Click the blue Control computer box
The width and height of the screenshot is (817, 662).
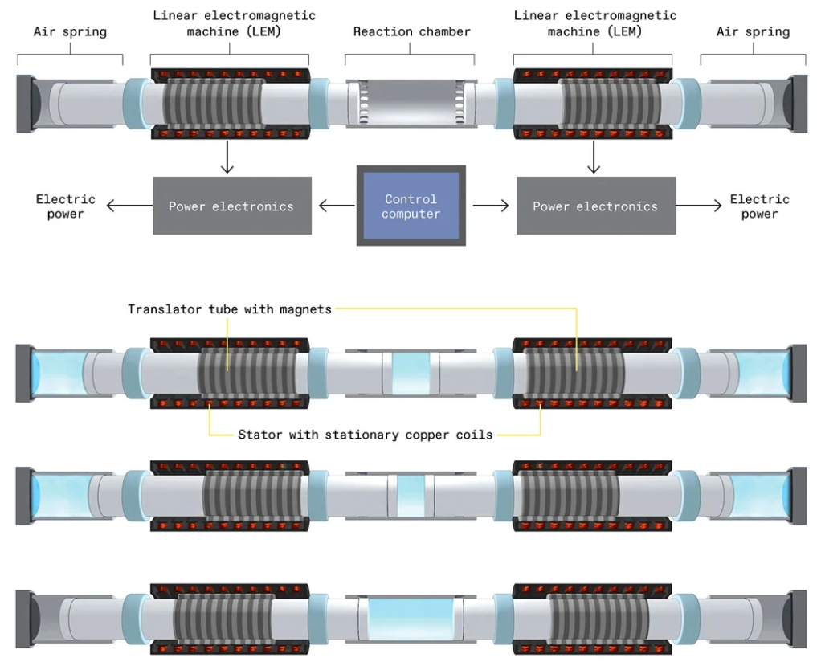[x=411, y=206]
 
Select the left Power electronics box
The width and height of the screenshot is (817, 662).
[x=231, y=206]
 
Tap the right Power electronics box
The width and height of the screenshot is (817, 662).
[x=595, y=206]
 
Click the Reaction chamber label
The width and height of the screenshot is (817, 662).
[x=411, y=32]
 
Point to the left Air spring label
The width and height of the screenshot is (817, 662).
[x=70, y=32]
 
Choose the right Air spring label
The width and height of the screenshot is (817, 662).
[x=753, y=32]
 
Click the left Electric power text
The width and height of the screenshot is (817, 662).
[x=66, y=206]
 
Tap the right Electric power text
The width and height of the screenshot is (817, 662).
[x=759, y=206]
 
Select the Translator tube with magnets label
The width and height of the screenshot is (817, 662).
[x=230, y=309]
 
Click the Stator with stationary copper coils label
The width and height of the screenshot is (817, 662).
[x=365, y=435]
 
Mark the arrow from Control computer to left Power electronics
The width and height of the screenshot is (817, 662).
[x=337, y=206]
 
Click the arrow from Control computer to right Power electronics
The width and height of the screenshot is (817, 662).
[x=490, y=206]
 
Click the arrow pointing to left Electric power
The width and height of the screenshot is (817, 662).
[x=129, y=206]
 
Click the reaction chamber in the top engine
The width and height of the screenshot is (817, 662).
[x=411, y=102]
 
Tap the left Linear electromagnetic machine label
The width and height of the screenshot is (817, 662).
[x=234, y=24]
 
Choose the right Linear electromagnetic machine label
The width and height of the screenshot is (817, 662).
[x=594, y=24]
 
